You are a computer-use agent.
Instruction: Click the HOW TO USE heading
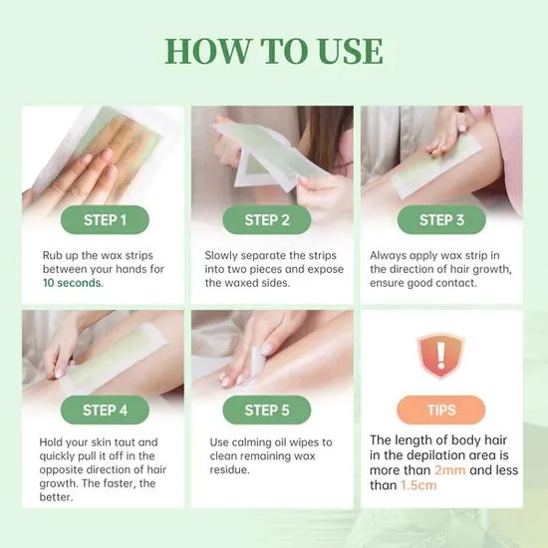tap(273, 52)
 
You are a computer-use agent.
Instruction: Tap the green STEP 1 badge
tap(104, 220)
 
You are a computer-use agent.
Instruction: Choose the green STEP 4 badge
tap(104, 410)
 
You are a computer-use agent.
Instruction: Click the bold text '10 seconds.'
tap(72, 283)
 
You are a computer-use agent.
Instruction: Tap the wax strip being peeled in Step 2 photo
tap(261, 159)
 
